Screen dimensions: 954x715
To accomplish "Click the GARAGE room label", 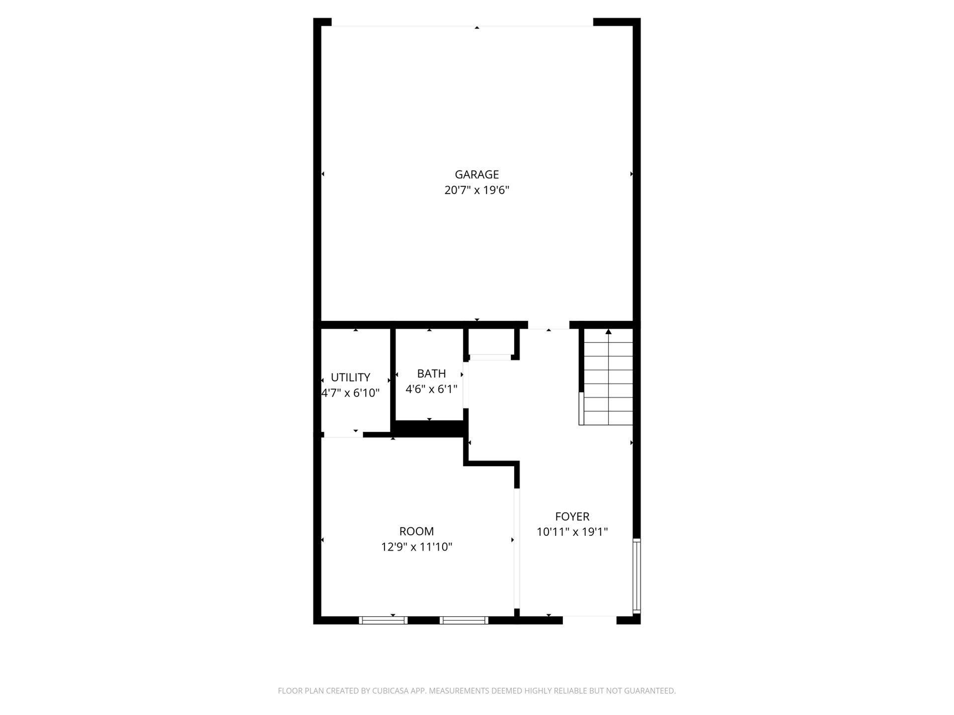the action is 477,174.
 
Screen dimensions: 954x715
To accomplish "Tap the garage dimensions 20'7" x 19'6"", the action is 477,190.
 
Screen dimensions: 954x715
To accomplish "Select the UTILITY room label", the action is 350,377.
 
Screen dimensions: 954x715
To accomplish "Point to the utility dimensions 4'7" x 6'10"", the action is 350,393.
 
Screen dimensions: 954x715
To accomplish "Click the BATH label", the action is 431,373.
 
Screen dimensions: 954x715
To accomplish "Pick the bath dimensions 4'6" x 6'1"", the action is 431,389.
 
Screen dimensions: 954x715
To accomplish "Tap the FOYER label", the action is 572,516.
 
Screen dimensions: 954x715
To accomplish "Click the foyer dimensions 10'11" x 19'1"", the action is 572,532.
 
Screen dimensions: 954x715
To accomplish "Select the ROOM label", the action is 416,531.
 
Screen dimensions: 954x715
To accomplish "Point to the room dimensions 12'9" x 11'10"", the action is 416,547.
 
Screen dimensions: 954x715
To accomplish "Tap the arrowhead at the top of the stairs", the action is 608,332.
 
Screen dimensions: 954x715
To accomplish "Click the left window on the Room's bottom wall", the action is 383,620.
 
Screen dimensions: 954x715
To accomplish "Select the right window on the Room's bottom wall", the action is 464,620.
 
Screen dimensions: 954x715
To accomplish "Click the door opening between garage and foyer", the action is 549,325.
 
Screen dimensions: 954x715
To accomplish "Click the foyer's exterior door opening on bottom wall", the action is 590,620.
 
